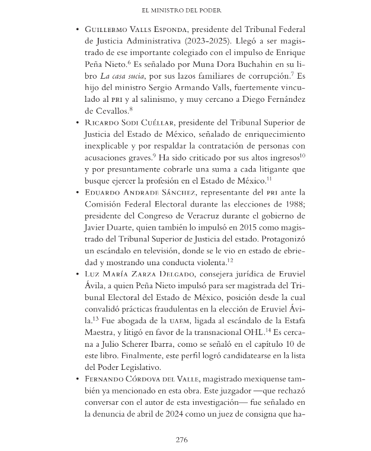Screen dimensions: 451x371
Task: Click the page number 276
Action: pyautogui.click(x=182, y=439)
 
